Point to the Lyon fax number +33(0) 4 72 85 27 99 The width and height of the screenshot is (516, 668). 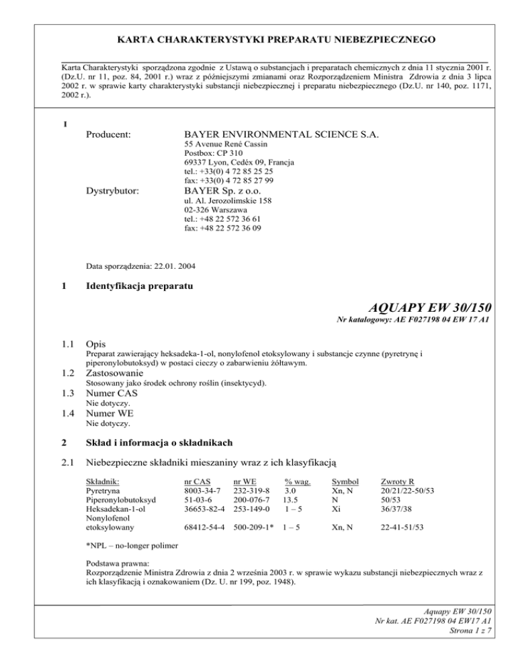pyautogui.click(x=224, y=180)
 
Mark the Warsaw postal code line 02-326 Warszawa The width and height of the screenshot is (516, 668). pyautogui.click(x=216, y=209)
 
